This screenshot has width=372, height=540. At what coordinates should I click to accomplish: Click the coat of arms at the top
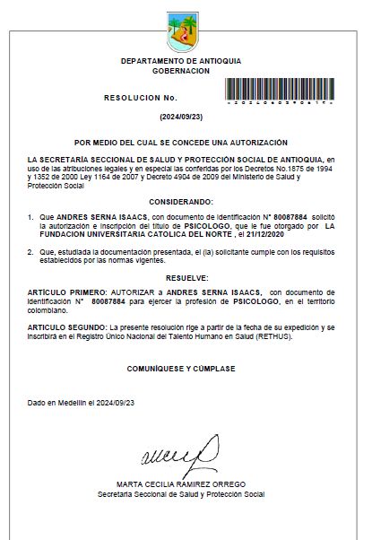click(186, 33)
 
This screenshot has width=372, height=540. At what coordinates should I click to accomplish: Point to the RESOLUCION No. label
click(141, 96)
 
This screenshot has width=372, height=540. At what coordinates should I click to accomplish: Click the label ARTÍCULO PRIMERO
click(67, 292)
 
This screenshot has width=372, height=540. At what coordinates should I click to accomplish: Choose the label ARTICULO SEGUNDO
click(68, 328)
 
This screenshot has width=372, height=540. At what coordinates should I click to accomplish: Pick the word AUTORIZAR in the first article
click(133, 292)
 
